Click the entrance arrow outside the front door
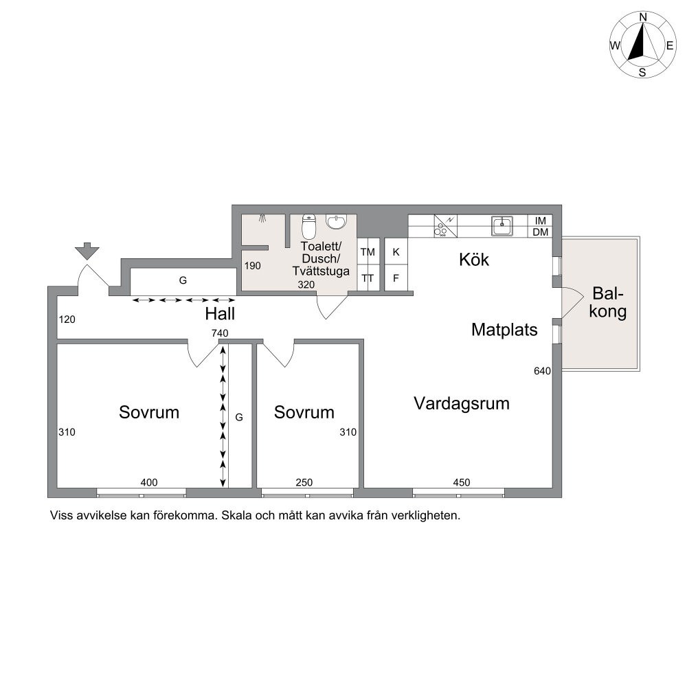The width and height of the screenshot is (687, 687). [x=87, y=251]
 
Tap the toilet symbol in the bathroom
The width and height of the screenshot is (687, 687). [x=309, y=226]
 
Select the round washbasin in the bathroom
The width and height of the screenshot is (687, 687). [x=336, y=222]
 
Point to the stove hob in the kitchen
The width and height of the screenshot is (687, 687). [x=446, y=226]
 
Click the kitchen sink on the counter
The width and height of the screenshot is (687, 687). [x=502, y=225]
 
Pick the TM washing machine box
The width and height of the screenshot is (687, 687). [x=368, y=252]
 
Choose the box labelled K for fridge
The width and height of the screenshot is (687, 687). [x=396, y=252]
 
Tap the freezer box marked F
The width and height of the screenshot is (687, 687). [x=396, y=278]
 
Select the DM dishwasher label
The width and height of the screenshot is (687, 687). [x=540, y=232]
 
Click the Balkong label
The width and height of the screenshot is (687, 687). [x=608, y=302]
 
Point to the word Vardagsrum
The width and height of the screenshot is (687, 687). [x=462, y=403]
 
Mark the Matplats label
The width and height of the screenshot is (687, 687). [x=504, y=330]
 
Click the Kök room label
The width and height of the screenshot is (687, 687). [x=474, y=260]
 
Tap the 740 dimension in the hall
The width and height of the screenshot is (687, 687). [x=220, y=333]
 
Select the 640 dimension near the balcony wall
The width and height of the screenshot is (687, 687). [x=542, y=371]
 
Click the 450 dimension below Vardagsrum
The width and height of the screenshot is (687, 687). [x=462, y=482]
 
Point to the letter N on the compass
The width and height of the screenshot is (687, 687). [x=643, y=17]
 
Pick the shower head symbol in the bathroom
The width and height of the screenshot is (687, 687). [x=263, y=217]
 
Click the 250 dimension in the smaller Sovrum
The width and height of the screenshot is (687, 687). [x=304, y=482]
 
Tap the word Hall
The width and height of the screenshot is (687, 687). [x=220, y=314]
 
